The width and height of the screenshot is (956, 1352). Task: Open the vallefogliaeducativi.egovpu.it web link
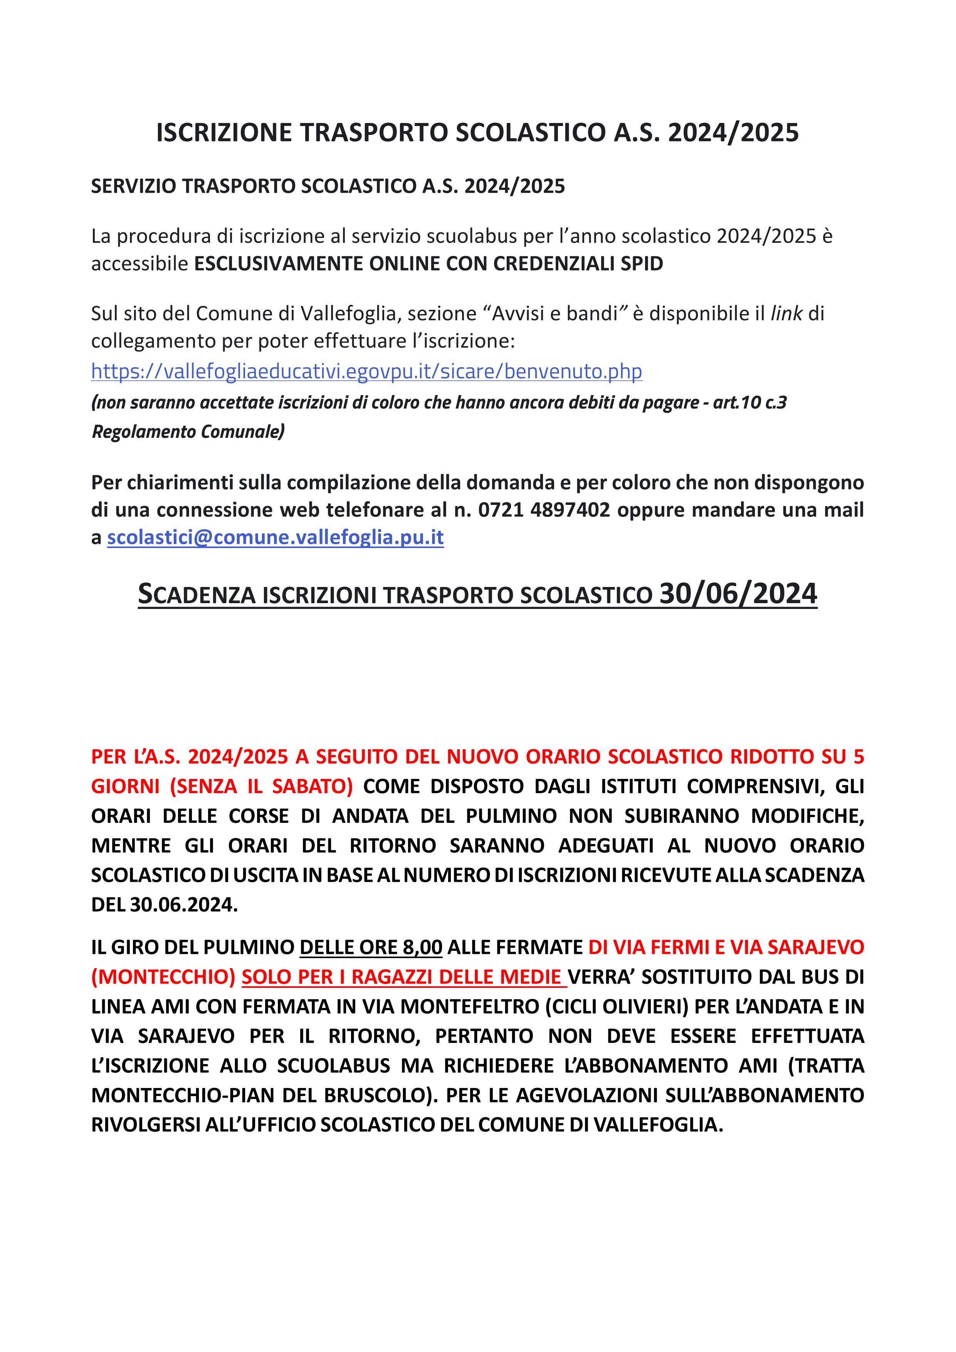(366, 371)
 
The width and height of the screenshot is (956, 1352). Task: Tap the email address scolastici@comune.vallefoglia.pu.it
(275, 537)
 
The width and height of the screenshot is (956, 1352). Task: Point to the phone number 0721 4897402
(544, 510)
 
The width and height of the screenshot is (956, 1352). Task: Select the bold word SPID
(641, 263)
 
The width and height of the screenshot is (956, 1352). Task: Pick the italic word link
(786, 313)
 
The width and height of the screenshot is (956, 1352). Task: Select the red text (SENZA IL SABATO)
(261, 786)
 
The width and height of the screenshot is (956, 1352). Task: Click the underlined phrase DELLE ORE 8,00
(371, 947)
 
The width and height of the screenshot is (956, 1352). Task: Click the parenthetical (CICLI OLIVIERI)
(617, 1006)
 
